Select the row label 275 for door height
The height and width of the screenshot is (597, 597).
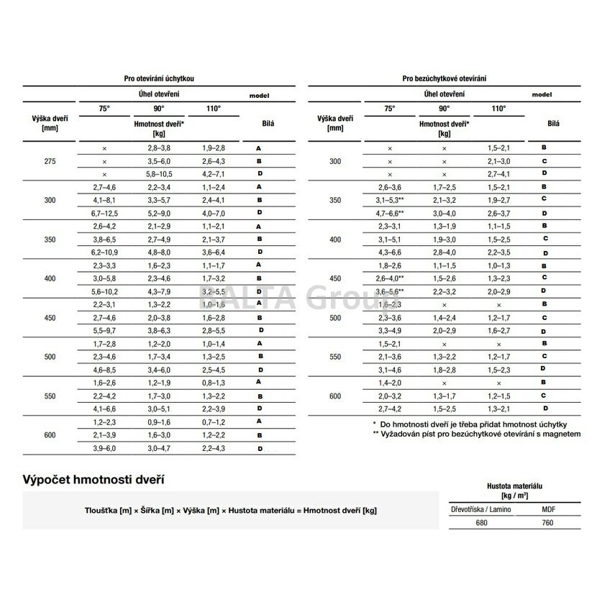click(x=50, y=160)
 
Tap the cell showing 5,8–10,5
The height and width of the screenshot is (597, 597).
click(x=159, y=174)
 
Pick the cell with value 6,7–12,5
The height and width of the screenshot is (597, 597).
click(x=104, y=213)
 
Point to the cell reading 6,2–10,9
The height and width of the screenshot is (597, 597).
click(x=104, y=252)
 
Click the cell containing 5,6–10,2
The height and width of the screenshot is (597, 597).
click(x=104, y=291)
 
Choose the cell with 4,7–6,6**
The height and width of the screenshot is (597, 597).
click(x=389, y=214)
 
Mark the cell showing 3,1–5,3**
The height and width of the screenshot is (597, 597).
click(x=389, y=200)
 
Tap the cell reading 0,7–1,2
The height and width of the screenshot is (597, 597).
click(x=214, y=421)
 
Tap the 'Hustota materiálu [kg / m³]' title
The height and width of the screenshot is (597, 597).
click(x=516, y=489)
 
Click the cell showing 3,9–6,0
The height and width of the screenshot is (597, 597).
click(x=104, y=448)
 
